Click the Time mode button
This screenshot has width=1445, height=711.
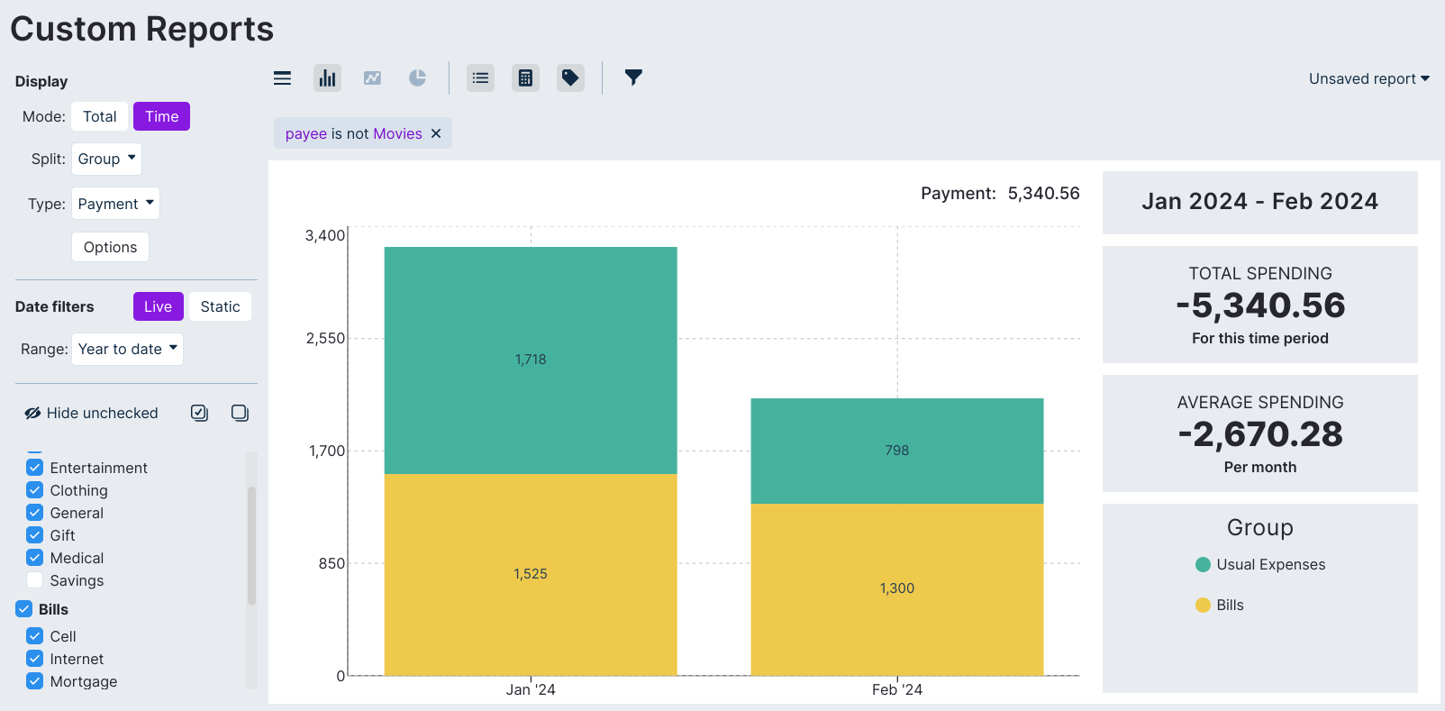161,116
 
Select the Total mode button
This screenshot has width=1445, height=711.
99,116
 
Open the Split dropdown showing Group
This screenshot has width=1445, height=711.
106,159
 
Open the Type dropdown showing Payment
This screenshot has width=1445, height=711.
115,204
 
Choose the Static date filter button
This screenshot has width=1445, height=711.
220,306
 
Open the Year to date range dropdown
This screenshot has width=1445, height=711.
127,349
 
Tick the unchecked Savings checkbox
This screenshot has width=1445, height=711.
35,580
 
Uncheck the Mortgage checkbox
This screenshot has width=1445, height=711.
35,681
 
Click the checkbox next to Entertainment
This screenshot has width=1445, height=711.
35,468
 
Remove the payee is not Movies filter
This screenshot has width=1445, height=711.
436,133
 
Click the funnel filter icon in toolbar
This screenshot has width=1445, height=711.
633,77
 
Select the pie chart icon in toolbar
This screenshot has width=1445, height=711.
417,77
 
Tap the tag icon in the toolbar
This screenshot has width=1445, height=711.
570,77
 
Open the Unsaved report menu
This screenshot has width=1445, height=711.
1368,78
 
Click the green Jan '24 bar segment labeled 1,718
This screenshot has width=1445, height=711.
531,360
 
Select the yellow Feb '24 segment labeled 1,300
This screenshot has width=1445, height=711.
896,588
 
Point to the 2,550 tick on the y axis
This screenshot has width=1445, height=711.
325,338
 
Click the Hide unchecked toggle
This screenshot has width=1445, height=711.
91,413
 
